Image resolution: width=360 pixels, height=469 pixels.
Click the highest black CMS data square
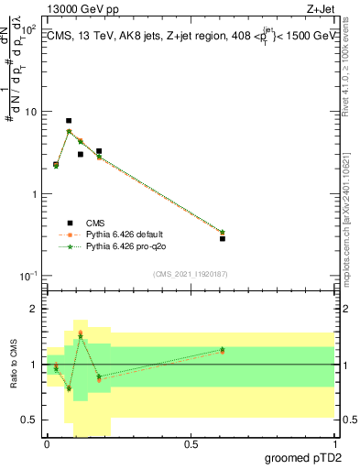69,121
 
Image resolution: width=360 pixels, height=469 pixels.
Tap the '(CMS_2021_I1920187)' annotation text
190,274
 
